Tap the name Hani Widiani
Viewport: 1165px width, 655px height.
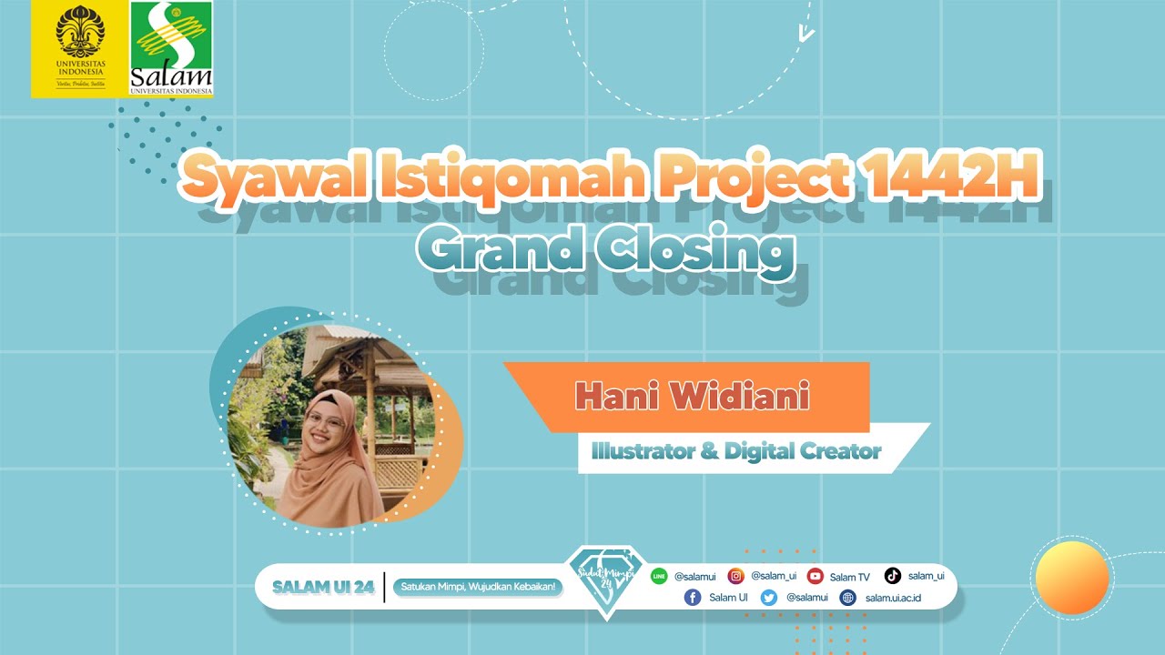coord(692,397)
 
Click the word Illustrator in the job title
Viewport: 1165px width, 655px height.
coord(644,450)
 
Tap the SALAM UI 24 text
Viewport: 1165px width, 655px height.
coord(323,588)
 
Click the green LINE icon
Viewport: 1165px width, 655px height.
coord(659,576)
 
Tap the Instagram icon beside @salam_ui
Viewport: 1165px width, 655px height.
coord(735,576)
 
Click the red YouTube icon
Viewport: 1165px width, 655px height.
coord(815,576)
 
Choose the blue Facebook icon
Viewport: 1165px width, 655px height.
coord(693,598)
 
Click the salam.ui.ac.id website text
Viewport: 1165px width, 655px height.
coord(893,598)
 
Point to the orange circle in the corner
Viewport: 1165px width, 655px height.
coord(1073,578)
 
